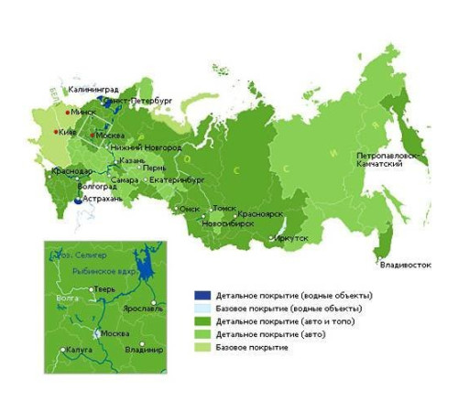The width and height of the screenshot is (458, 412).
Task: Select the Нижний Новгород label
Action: coord(146,147)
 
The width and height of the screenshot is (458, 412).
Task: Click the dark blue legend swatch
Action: coord(202,296)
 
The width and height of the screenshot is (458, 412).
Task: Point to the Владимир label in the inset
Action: coord(144,350)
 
